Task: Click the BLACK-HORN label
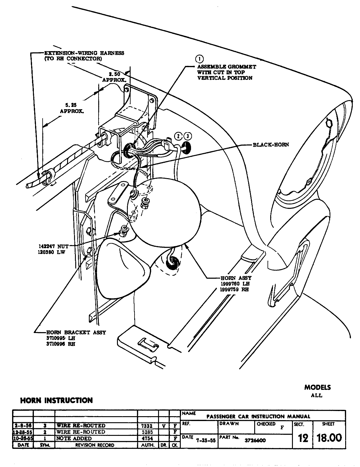(271, 145)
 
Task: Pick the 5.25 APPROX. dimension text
(72, 108)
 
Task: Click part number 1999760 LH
(235, 284)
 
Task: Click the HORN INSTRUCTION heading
(56, 400)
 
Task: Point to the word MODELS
(317, 387)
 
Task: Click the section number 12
(303, 438)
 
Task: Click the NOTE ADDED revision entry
(74, 438)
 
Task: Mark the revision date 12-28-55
(22, 432)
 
